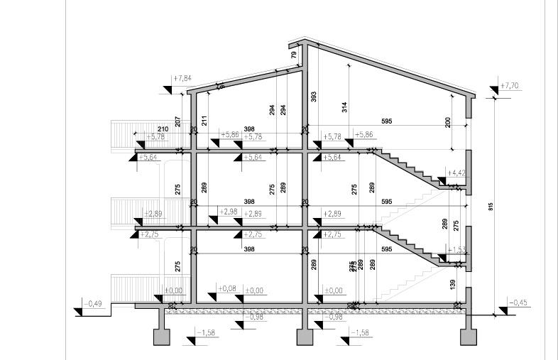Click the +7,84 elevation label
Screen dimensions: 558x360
182,77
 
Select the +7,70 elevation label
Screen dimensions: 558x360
510,86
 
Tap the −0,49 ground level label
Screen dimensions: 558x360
94,304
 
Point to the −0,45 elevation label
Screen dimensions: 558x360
518,303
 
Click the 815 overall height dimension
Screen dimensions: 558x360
491,206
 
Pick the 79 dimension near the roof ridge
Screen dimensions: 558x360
293,54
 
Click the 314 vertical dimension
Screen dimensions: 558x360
345,107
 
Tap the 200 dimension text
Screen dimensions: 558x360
447,122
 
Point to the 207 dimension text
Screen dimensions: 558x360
178,121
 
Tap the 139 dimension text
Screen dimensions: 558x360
452,284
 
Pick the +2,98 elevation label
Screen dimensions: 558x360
228,212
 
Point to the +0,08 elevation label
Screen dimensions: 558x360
228,288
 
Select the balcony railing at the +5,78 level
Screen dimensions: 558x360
124,134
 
